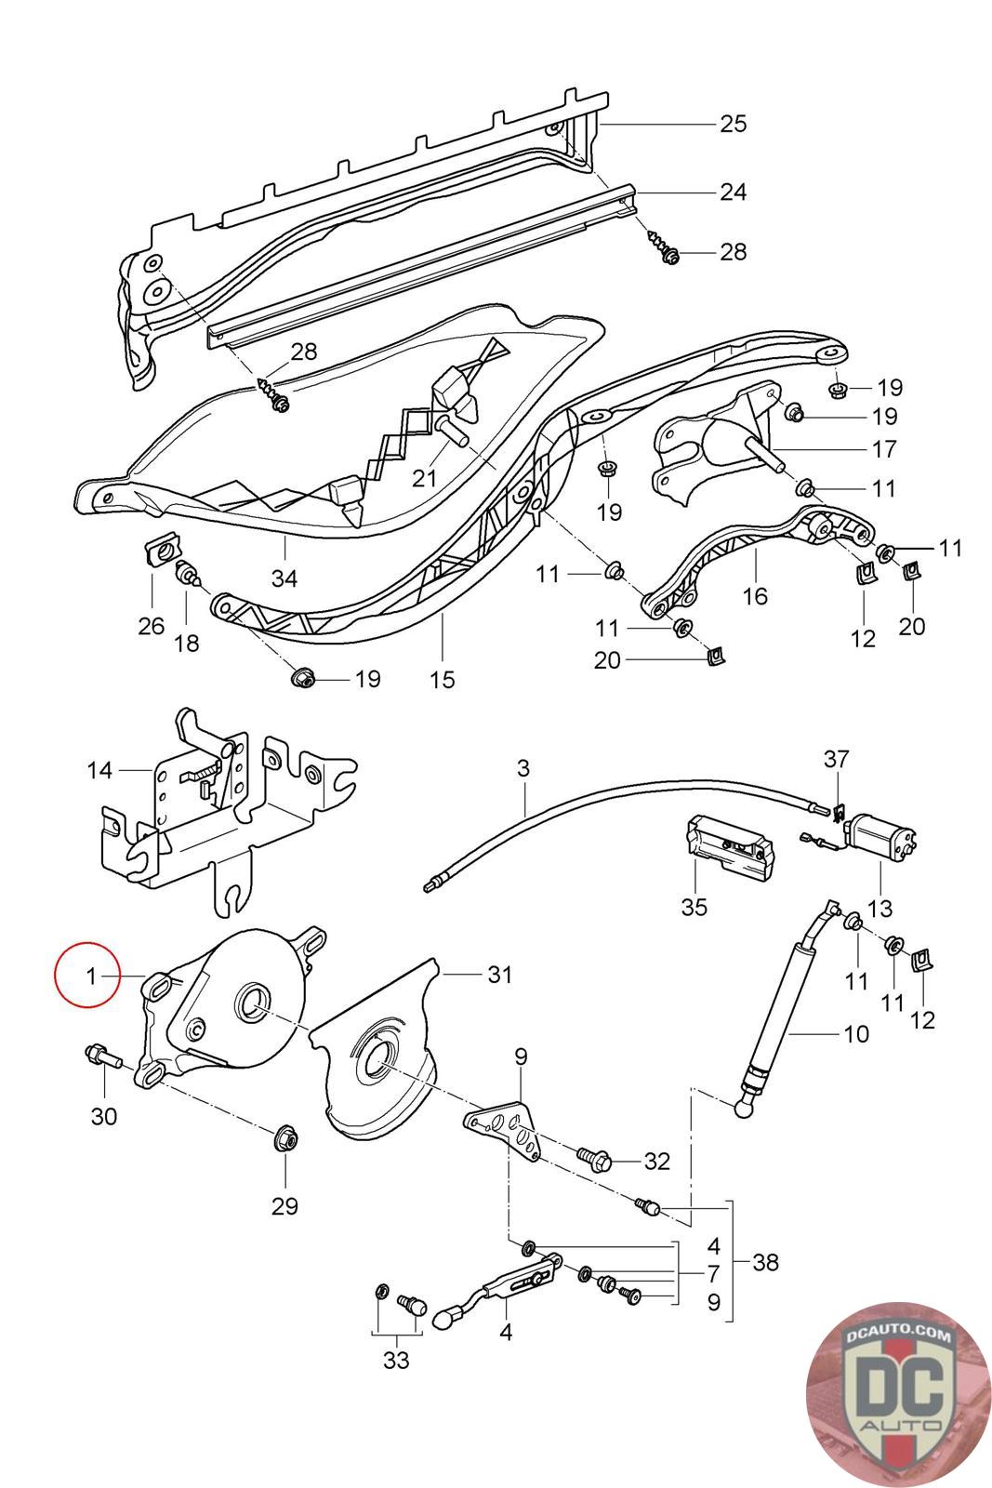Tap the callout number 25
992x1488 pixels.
[733, 124]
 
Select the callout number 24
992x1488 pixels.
[733, 193]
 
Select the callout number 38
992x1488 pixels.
[766, 1263]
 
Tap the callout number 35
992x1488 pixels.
[694, 906]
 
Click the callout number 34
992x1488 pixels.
[284, 578]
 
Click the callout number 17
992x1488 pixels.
[884, 449]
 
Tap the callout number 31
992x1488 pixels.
[500, 975]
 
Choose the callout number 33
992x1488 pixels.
[395, 1361]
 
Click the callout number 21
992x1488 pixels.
[424, 478]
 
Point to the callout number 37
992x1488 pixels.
[835, 759]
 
